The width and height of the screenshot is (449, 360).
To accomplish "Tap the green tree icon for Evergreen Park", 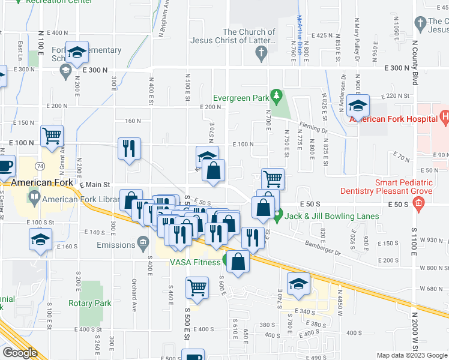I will tap(276, 95).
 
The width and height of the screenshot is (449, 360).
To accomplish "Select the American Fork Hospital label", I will tap(393, 118).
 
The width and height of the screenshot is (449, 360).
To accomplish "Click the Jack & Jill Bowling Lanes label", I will tap(332, 216).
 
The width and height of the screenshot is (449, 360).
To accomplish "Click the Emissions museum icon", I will tap(143, 244).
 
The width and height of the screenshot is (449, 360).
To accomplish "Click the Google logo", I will tap(19, 353).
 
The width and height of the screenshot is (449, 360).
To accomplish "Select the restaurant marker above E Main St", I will tap(129, 148).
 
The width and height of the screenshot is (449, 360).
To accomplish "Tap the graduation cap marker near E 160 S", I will tap(40, 240).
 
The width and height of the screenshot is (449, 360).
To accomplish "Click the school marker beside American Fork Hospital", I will tap(358, 107).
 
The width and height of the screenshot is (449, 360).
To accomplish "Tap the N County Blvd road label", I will tap(414, 63).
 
